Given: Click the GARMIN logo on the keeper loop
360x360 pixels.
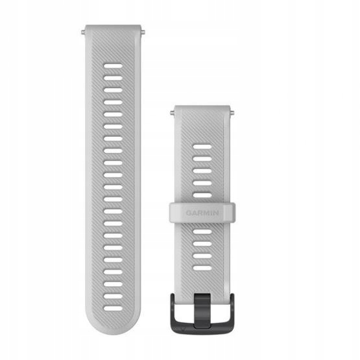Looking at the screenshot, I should pos(204,211).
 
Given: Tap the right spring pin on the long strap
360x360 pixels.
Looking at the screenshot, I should pos(143,30).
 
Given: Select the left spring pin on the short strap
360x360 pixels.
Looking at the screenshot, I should pos(172,112).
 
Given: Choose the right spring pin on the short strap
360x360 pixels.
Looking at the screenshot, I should pos(234,112).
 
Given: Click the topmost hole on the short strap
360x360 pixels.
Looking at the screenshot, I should pos(203,147).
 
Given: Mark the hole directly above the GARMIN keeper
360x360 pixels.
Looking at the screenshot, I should pos(203,195).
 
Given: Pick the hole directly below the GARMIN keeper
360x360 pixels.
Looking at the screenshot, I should pos(203,231).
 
